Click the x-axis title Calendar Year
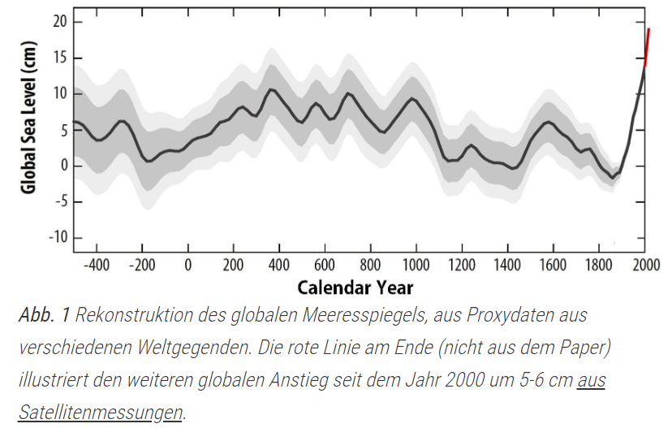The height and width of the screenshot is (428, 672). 355,287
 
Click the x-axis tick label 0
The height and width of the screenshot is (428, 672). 187,265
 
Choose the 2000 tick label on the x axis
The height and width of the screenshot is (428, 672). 644,265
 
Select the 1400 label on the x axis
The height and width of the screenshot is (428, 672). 507,265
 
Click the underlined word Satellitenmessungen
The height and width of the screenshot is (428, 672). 100,412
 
